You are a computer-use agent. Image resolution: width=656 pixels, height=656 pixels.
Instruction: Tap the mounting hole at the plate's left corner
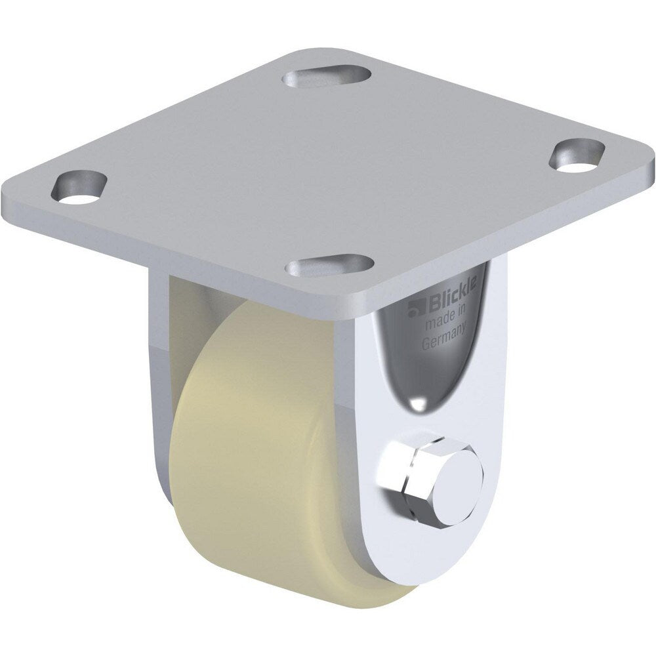click(79, 188)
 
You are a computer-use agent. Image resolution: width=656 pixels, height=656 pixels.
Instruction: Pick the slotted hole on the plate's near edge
click(330, 266)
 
